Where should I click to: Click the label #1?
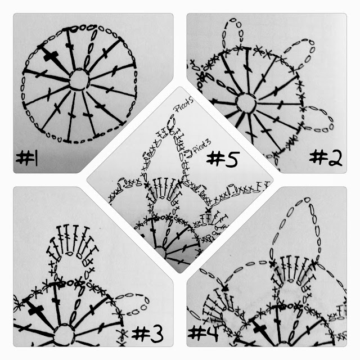(26, 157)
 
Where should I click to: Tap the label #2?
(326, 158)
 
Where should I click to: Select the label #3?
(147, 334)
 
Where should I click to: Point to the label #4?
(203, 334)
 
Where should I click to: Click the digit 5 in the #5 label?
(231, 159)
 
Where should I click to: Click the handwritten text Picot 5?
(184, 106)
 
